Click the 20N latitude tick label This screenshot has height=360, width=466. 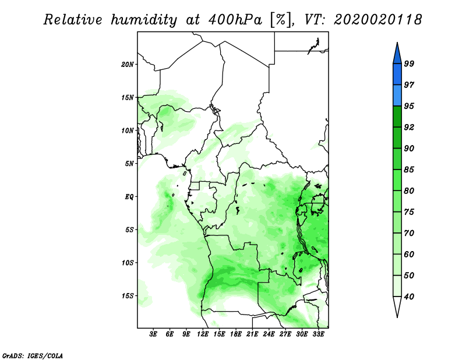tap(128, 64)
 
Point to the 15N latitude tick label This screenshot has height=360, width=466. tap(128, 97)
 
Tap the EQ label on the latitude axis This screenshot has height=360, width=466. tap(129, 197)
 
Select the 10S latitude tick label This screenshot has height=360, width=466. tap(128, 263)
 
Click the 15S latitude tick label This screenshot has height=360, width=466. tap(128, 296)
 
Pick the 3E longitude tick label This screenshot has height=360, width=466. tap(154, 335)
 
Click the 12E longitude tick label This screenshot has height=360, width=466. tap(203, 335)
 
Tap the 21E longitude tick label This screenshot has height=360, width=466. tap(252, 335)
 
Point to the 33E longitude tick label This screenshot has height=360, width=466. tap(318, 335)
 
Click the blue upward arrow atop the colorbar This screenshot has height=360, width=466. tap(397, 52)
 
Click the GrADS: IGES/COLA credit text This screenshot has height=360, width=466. tap(32, 355)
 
